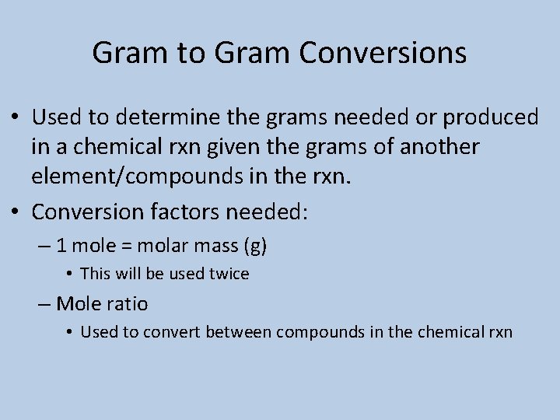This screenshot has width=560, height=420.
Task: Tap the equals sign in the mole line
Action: [124, 247]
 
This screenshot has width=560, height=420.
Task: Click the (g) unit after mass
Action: [255, 247]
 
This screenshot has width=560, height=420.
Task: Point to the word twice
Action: [229, 274]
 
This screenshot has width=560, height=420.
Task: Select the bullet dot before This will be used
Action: [69, 275]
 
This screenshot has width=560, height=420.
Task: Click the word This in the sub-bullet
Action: [95, 274]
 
